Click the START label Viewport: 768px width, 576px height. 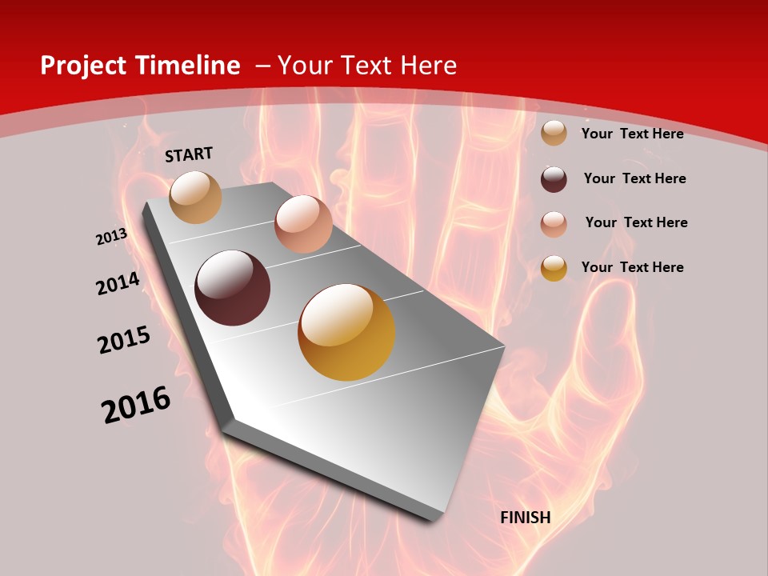189,154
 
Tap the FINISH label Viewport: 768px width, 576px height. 526,518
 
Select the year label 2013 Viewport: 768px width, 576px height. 112,237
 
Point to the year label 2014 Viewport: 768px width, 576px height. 118,284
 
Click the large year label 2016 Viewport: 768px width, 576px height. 136,405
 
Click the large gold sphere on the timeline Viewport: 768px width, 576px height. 346,332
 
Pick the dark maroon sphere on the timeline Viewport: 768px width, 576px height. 232,288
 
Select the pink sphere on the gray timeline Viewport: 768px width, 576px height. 303,224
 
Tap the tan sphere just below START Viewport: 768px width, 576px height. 196,197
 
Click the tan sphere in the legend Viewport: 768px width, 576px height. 554,134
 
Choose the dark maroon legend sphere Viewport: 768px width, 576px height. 554,179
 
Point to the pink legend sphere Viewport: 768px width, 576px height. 554,223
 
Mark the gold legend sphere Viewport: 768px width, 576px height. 554,268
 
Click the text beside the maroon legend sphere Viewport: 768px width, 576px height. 634,178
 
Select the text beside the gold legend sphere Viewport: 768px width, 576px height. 632,267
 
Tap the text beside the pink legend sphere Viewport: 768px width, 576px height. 636,222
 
